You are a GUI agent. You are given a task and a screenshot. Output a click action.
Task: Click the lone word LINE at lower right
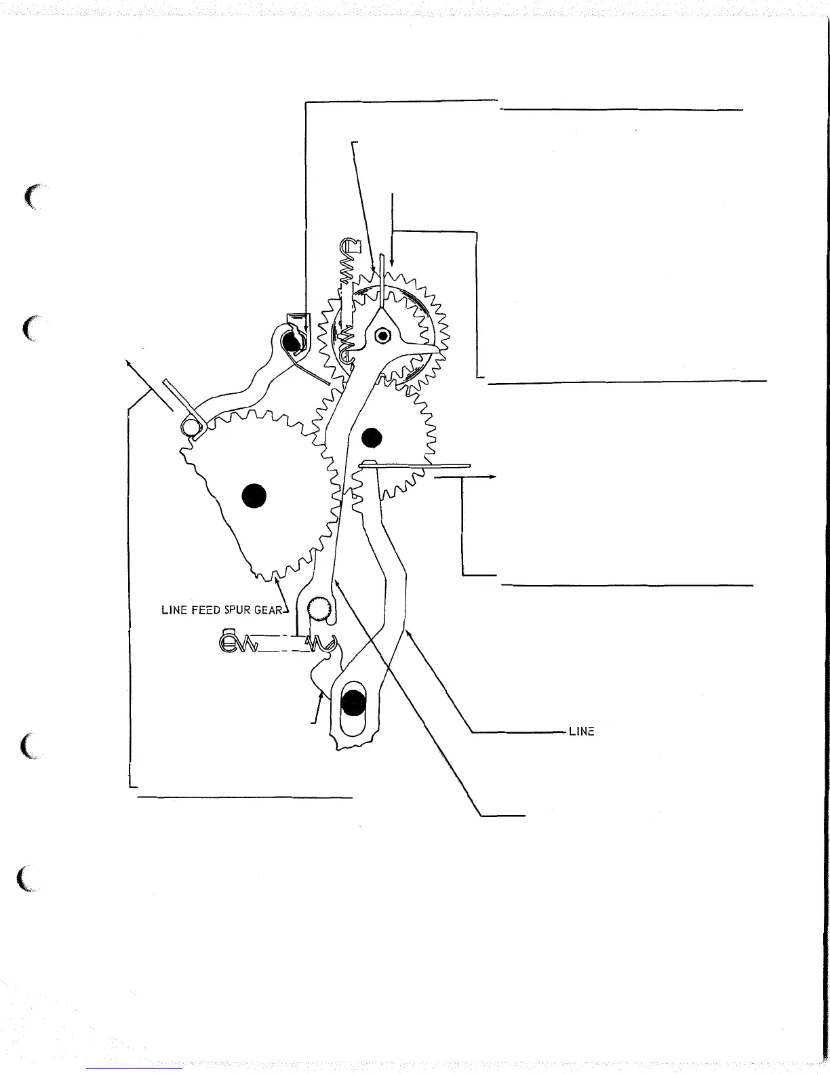click(582, 732)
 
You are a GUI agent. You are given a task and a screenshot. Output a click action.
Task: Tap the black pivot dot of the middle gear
click(372, 438)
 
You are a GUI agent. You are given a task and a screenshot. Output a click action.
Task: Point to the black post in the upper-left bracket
click(292, 342)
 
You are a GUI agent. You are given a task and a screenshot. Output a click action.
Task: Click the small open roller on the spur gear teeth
click(190, 426)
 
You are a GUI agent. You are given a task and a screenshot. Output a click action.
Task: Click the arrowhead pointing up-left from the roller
click(127, 363)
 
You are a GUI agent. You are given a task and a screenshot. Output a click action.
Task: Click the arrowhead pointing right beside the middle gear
click(494, 477)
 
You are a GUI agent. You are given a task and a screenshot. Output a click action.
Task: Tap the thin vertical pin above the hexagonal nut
click(382, 278)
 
